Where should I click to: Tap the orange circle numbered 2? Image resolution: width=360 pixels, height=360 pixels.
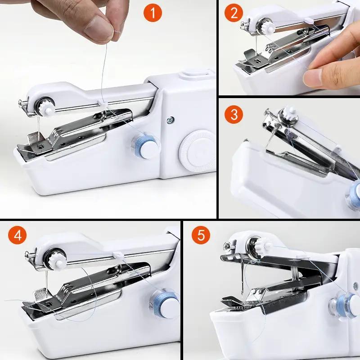tap(234, 13)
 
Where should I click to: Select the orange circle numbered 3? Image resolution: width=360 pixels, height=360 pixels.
tap(234, 115)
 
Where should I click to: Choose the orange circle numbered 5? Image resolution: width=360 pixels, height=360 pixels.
tap(201, 235)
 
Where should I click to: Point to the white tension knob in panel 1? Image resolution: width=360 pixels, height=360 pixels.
tap(46, 108)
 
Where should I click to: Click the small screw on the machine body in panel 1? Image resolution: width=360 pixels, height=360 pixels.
tap(170, 120)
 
